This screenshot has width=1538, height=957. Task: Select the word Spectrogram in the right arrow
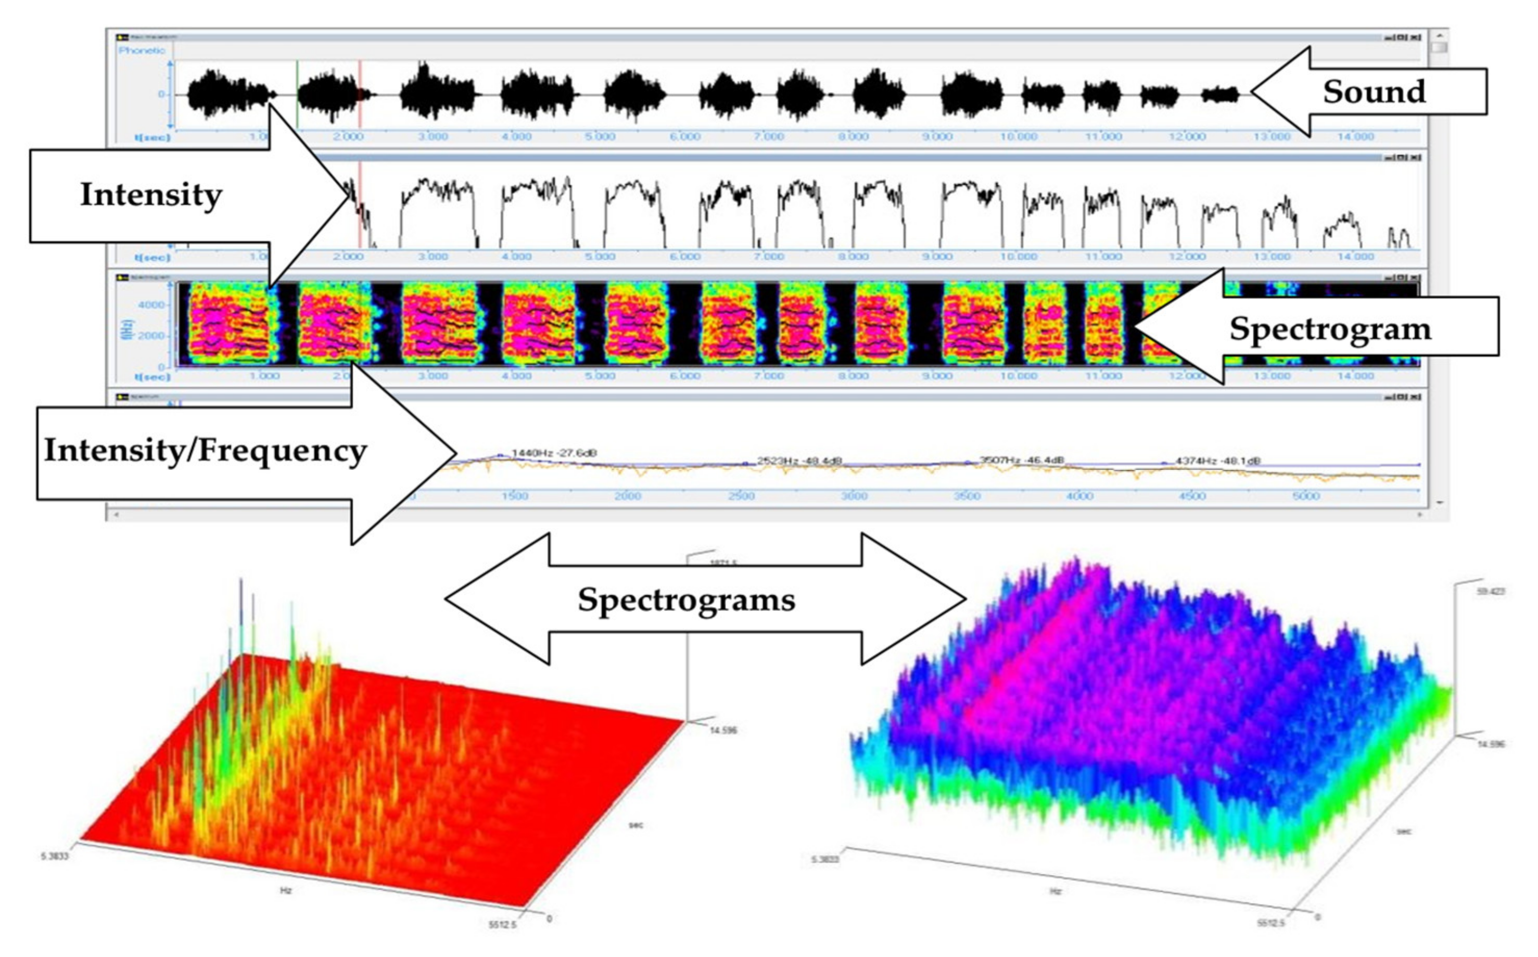tap(1330, 328)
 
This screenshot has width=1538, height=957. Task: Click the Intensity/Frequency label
tap(205, 451)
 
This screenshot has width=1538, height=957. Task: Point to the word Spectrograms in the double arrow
tap(686, 599)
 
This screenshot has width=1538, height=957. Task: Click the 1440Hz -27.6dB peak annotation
tap(554, 453)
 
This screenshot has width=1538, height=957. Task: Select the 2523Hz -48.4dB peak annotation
tap(799, 461)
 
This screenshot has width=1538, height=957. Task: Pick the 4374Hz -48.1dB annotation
tap(1218, 461)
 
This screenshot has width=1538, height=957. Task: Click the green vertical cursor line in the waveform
tap(297, 95)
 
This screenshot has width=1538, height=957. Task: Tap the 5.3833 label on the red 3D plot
tap(54, 856)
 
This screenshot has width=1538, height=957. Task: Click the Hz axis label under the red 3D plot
tap(285, 890)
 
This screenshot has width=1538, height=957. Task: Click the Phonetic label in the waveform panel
tap(142, 50)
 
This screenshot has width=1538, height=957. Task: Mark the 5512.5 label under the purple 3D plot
tap(1271, 923)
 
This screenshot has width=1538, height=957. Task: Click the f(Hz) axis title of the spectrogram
tap(129, 328)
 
